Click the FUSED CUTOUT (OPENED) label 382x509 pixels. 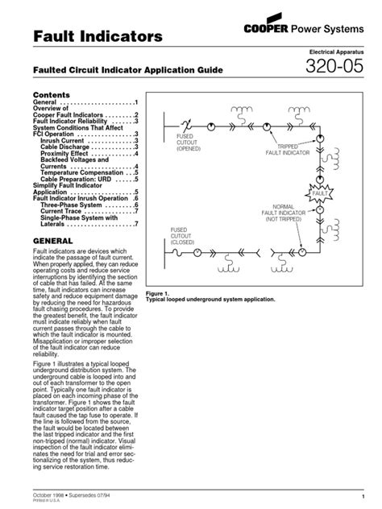point(190,143)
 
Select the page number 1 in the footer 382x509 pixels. point(363,494)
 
